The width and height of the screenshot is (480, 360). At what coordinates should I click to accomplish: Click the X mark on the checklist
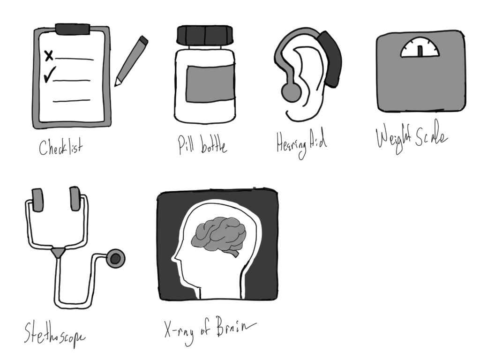[x=49, y=56]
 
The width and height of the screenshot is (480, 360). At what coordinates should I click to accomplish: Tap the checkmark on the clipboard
[x=50, y=75]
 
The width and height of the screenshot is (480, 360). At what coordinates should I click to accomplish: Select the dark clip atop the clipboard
[x=73, y=29]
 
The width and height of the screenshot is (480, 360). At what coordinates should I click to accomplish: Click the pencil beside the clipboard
[x=131, y=61]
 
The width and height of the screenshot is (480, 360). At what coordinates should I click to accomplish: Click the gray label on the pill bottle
[x=210, y=83]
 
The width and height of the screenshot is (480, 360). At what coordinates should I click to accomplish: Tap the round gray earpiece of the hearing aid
[x=291, y=92]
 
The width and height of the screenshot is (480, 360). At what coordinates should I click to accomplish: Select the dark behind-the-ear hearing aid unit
[x=330, y=59]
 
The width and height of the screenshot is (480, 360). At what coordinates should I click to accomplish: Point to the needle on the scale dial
[x=420, y=51]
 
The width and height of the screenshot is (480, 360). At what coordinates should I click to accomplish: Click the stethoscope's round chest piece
[x=115, y=259]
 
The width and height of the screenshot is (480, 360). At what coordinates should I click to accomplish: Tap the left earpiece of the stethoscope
[x=37, y=200]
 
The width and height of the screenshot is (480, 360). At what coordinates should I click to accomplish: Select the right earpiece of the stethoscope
[x=75, y=199]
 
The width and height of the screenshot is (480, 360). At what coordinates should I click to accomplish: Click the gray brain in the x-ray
[x=219, y=234]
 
